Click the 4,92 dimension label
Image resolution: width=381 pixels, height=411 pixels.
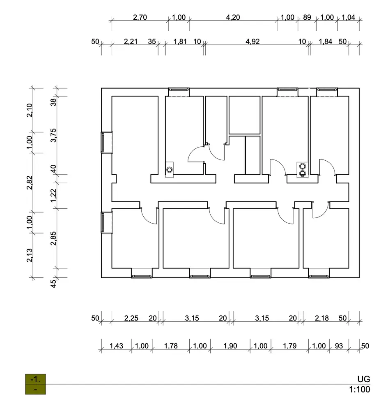pyautogui.click(x=252, y=42)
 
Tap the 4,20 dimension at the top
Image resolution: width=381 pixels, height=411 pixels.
pyautogui.click(x=233, y=17)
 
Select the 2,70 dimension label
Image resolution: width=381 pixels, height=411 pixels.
pyautogui.click(x=140, y=17)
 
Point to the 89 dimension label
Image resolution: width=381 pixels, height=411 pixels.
pyautogui.click(x=307, y=17)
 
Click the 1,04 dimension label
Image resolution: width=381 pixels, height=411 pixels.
pyautogui.click(x=348, y=17)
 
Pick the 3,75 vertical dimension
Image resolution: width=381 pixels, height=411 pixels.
pyautogui.click(x=53, y=135)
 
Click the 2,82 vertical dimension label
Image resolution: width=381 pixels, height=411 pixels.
pyautogui.click(x=29, y=182)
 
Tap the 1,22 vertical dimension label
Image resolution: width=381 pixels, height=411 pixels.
pyautogui.click(x=53, y=196)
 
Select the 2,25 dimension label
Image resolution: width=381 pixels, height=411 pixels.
pyautogui.click(x=131, y=318)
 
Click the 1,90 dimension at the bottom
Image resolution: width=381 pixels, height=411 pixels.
pyautogui.click(x=230, y=346)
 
